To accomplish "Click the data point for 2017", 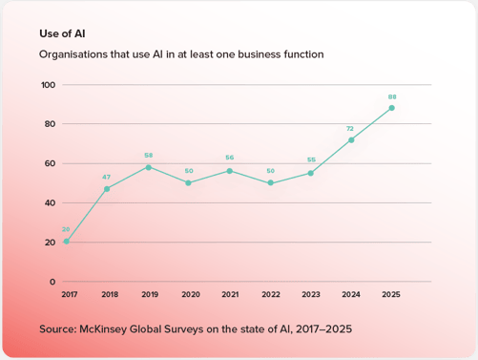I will tap(66, 242).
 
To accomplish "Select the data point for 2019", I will tap(148, 167).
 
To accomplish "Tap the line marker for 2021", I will tap(229, 171).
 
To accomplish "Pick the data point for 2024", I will tap(351, 139).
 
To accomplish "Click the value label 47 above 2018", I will tap(107, 177).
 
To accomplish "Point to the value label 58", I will tap(148, 155).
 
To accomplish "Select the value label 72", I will tap(351, 127).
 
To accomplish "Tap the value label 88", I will tap(392, 96).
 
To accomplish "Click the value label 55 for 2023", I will tap(310, 160).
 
